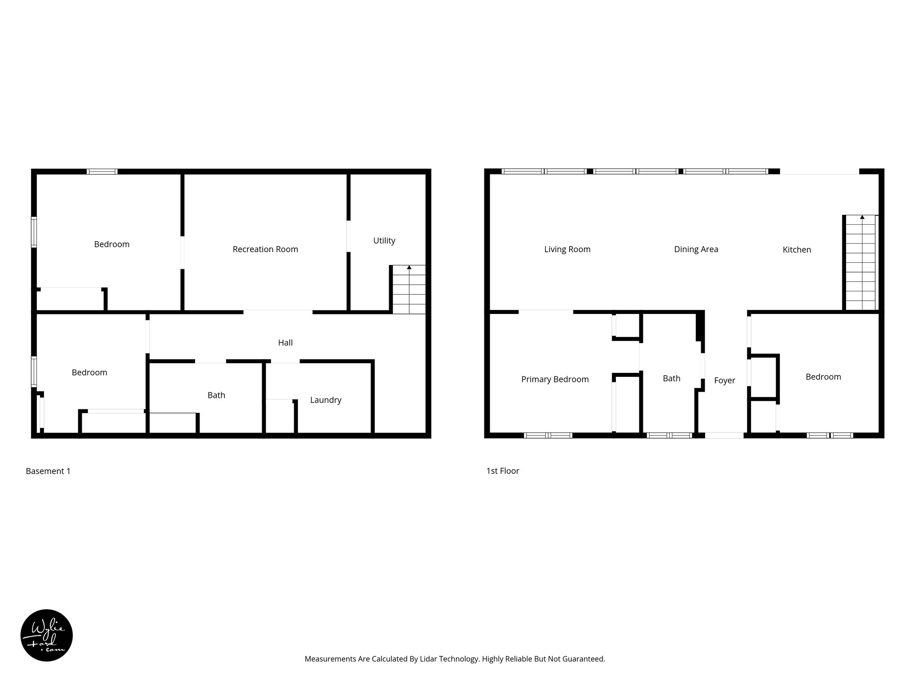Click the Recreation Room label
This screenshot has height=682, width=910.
[x=265, y=250]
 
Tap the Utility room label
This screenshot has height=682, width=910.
[x=384, y=241]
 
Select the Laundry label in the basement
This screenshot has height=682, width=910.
[x=326, y=400]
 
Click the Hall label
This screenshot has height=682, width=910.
[x=285, y=343]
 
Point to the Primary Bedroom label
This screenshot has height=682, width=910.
[x=555, y=379]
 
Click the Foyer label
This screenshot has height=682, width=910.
[x=724, y=381]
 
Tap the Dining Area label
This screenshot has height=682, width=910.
[x=696, y=250]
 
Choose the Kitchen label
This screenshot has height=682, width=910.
[x=797, y=250]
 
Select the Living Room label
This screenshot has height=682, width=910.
[x=567, y=250]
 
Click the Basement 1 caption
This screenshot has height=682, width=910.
[x=48, y=471]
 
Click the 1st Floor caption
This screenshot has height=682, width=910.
[x=503, y=471]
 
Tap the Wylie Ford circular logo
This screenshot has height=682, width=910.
[x=47, y=635]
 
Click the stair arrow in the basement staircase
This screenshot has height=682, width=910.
[x=409, y=268]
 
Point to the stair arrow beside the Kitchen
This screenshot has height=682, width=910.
[x=862, y=218]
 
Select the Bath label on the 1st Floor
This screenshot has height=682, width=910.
[x=671, y=378]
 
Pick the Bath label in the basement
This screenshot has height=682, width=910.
[x=216, y=395]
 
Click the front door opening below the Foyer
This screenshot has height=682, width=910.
[x=724, y=435]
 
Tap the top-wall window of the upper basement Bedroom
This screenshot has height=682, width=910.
[x=102, y=171]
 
